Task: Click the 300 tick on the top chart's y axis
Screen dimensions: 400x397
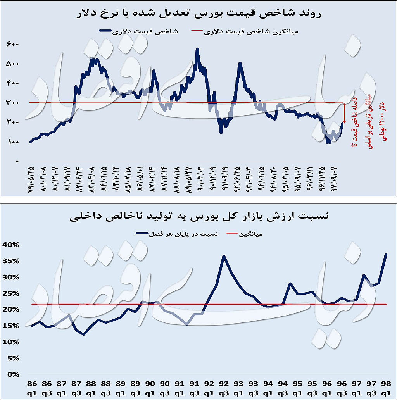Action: tap(12, 103)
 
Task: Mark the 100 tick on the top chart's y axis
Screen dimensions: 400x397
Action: tap(12, 142)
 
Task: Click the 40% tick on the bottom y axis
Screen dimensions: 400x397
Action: tap(10, 244)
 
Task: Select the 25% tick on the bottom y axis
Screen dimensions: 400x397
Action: tap(10, 293)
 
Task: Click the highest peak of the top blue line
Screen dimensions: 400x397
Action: tap(197, 49)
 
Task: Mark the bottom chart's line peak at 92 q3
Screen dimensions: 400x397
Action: tap(224, 256)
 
